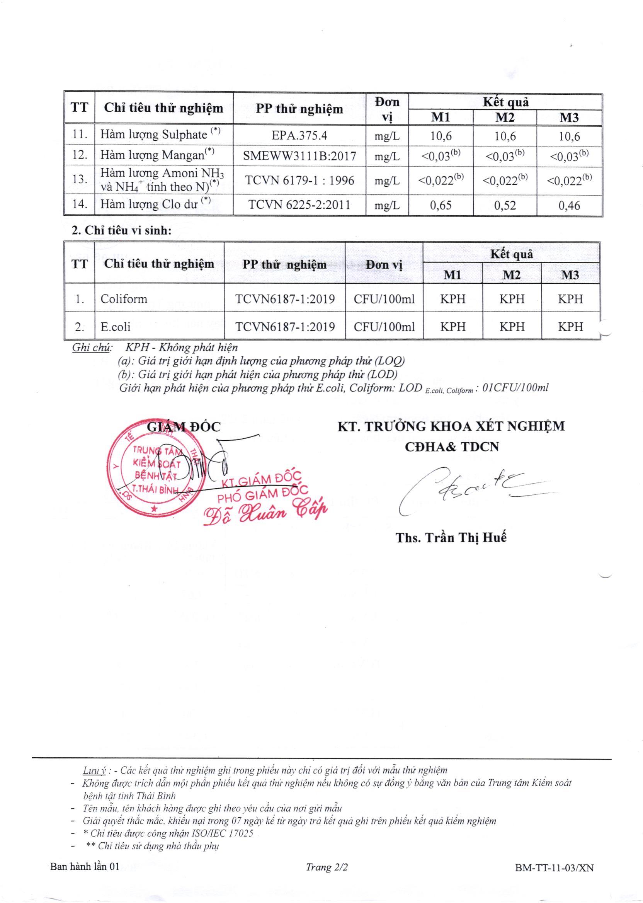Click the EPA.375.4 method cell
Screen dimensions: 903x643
coord(299,136)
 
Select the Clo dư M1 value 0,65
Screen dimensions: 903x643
coord(441,205)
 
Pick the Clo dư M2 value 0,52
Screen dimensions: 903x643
coord(505,205)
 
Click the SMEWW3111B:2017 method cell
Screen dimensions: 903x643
coord(299,156)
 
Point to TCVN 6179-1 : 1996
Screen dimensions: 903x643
coord(299,181)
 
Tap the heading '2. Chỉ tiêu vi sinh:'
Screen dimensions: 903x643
coord(122,230)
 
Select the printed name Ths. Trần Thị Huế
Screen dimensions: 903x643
coord(451,537)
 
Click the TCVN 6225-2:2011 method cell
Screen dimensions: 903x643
coord(299,205)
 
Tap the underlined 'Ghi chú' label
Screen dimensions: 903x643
coord(92,348)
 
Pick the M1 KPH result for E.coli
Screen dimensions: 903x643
coord(452,327)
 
